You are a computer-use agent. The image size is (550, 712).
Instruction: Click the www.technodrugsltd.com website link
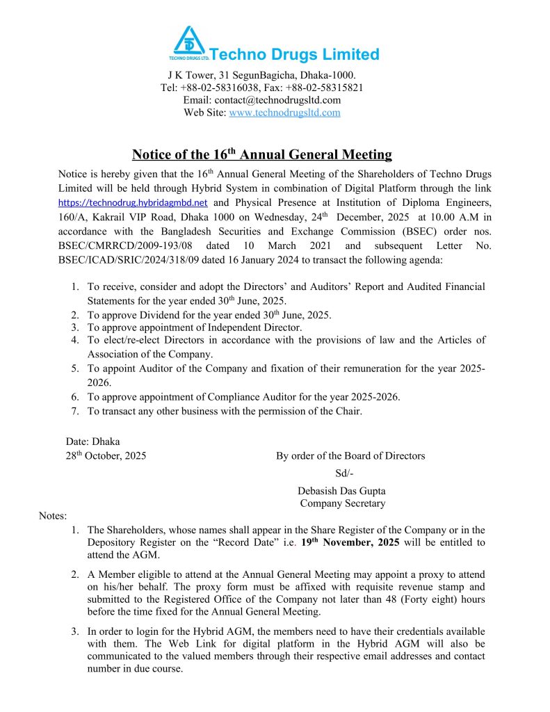tap(284, 113)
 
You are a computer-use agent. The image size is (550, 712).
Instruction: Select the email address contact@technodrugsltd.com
tap(277, 100)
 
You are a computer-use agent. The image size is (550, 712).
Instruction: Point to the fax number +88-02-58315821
tap(324, 88)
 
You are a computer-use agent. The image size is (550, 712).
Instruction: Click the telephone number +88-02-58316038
tap(221, 88)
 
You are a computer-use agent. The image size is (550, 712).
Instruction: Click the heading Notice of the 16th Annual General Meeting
tap(262, 154)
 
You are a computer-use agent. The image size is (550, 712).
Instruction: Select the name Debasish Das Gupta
tap(340, 490)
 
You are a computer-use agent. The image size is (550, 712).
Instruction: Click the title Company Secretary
tap(342, 503)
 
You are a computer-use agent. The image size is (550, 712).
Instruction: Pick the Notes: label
tap(53, 516)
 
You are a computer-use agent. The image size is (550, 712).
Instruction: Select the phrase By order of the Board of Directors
tap(350, 456)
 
